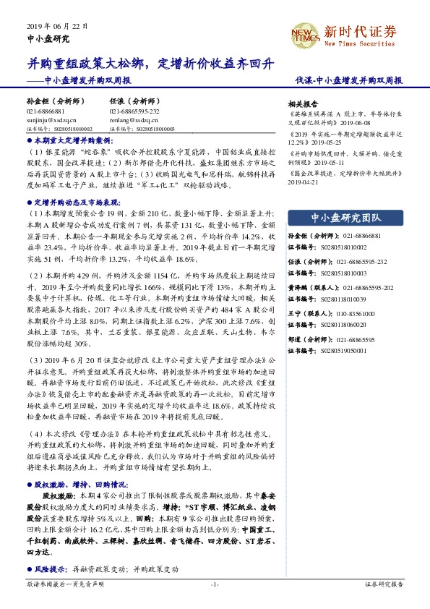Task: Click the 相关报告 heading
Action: pyautogui.click(x=303, y=103)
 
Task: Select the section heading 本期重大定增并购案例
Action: pyautogui.click(x=72, y=140)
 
